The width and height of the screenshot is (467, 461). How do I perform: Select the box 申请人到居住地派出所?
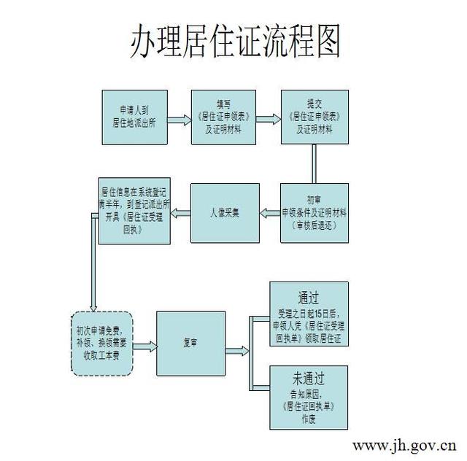pos(135,117)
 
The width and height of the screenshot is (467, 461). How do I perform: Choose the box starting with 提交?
pos(314,117)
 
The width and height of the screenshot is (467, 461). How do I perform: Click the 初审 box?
pos(314,212)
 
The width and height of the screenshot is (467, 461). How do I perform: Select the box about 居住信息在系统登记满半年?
pos(135,211)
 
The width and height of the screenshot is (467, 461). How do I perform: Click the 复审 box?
pos(190,341)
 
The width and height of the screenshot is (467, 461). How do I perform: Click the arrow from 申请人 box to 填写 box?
pos(180,117)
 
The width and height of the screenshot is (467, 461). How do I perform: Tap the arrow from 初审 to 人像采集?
pos(269,212)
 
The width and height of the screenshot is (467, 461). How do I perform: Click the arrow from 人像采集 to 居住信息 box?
pos(180,212)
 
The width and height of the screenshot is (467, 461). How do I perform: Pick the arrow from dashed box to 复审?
pos(144,341)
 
